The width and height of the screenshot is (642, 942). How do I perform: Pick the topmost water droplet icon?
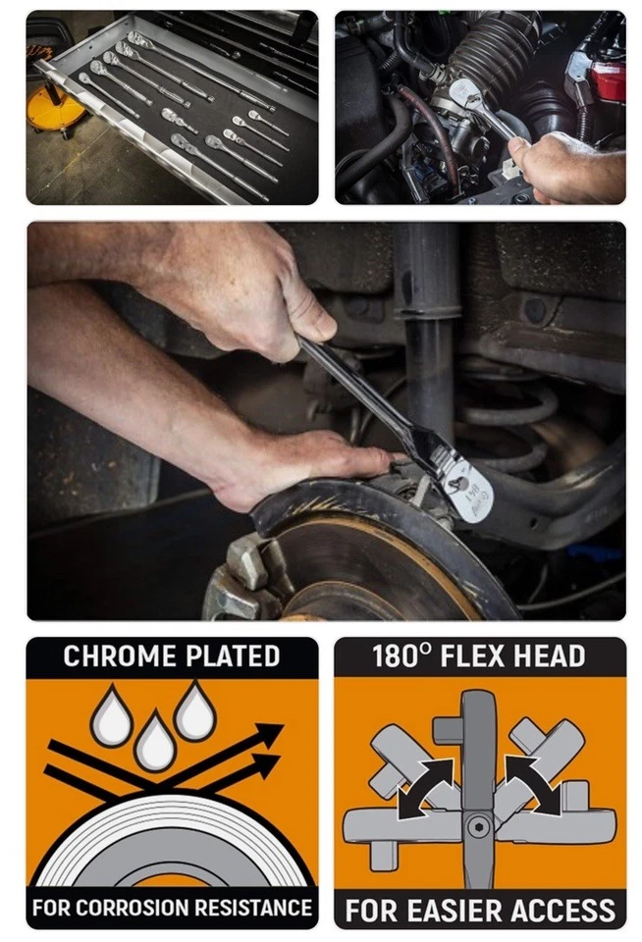tap(194, 712)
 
